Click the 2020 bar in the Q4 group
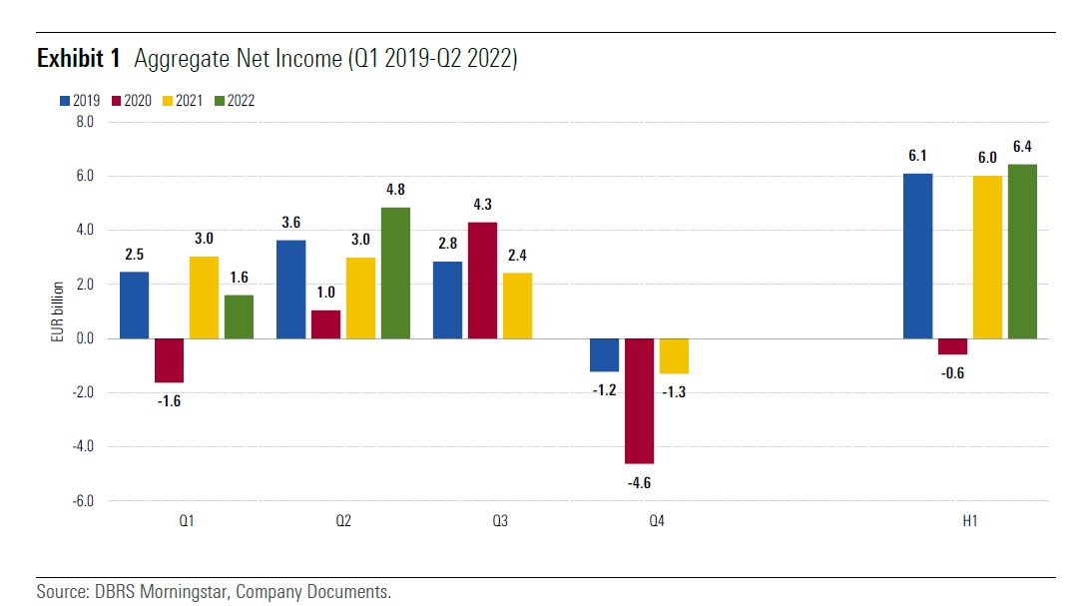click(640, 400)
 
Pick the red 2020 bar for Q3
click(483, 280)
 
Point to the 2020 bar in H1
click(952, 346)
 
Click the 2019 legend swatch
click(66, 101)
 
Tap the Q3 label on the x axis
click(500, 521)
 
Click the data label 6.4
click(1022, 147)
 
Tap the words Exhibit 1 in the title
click(78, 60)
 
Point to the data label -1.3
click(675, 392)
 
